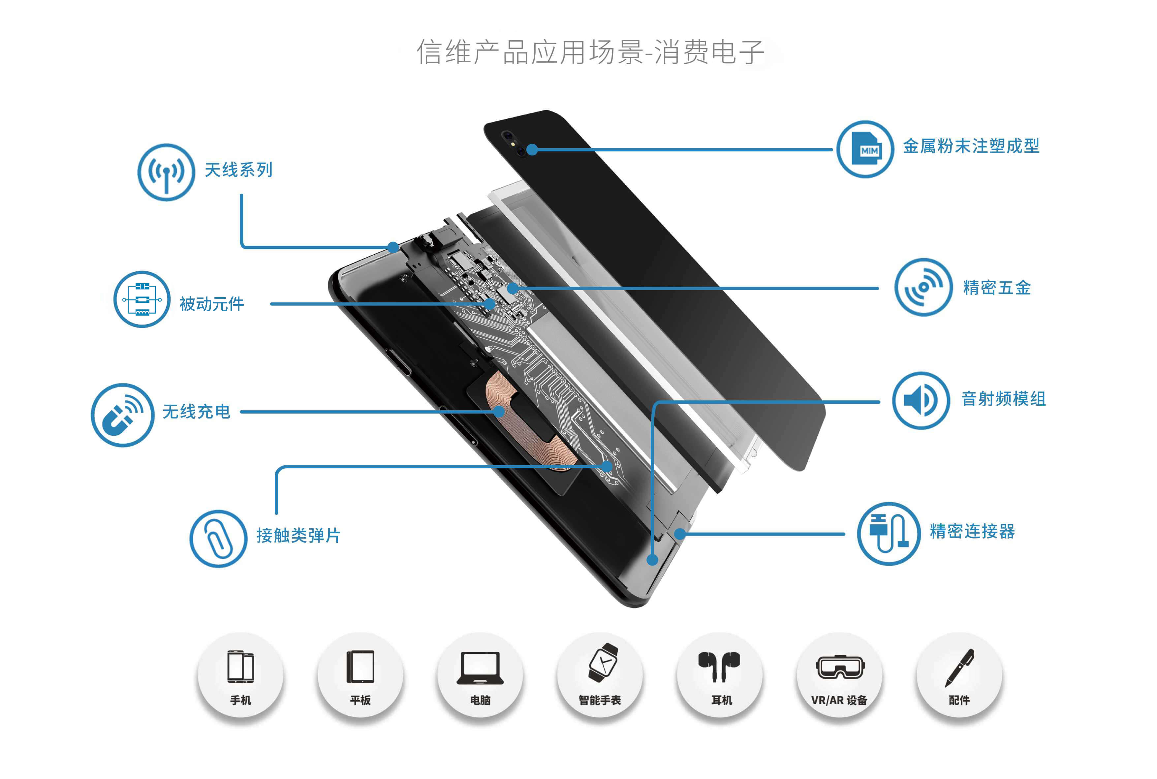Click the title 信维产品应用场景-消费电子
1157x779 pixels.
(x=590, y=52)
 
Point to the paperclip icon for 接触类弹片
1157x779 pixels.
(x=218, y=538)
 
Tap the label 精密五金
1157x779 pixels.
(x=996, y=287)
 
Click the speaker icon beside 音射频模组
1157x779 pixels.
(x=921, y=400)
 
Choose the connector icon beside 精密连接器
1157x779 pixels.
(x=888, y=533)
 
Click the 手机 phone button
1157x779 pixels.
(x=240, y=674)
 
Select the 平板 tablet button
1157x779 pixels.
(x=360, y=674)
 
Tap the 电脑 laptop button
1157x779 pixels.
(x=480, y=674)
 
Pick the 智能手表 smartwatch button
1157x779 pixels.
(x=600, y=674)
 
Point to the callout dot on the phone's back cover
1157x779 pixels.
(x=532, y=149)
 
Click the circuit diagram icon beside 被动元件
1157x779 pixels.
(x=142, y=299)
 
